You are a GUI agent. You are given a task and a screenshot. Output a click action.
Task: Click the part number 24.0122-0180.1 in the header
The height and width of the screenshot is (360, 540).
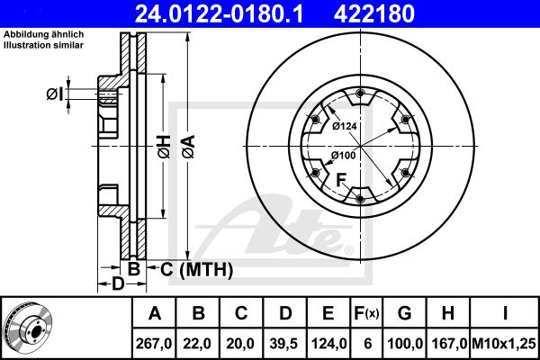[219, 13]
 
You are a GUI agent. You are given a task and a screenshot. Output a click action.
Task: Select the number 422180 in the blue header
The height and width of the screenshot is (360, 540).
[374, 13]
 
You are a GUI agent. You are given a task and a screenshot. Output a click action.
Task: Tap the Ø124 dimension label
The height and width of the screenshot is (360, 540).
[345, 126]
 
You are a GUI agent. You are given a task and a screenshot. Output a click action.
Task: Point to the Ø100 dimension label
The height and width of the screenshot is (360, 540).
[344, 156]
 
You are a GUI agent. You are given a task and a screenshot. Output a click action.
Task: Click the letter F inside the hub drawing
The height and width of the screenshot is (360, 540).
[341, 180]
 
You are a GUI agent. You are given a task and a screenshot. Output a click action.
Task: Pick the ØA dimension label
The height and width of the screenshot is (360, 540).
[189, 147]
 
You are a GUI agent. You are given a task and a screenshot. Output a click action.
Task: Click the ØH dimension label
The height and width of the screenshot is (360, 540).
[164, 147]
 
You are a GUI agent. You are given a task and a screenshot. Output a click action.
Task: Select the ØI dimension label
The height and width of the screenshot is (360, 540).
[55, 94]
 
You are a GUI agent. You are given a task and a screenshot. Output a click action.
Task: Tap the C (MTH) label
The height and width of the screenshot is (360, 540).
[196, 269]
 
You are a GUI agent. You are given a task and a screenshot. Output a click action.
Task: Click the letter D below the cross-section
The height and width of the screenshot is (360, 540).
[118, 284]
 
